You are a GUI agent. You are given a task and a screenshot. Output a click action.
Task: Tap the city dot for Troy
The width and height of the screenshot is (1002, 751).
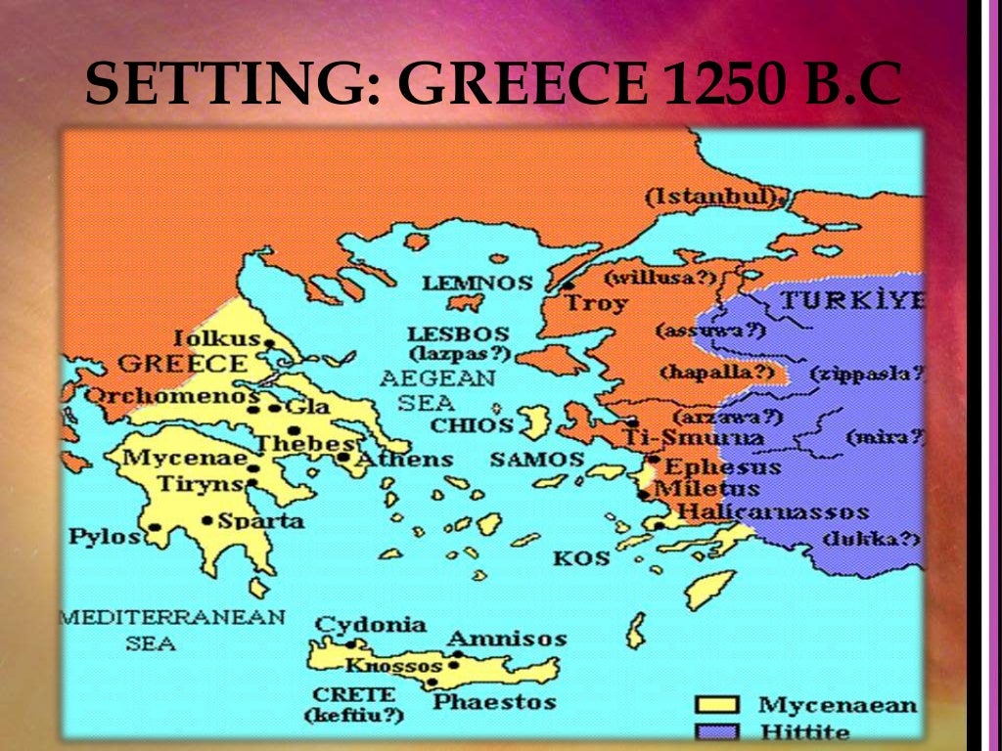pos(569,286)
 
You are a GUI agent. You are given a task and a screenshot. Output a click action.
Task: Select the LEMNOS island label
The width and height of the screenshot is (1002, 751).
pos(478,284)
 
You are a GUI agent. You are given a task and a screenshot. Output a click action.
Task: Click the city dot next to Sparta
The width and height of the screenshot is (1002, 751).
pos(207,520)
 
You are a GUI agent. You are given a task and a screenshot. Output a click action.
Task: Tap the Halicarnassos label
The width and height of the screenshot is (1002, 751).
pos(772,511)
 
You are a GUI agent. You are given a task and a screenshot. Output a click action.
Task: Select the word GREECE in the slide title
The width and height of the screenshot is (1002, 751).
pos(524,84)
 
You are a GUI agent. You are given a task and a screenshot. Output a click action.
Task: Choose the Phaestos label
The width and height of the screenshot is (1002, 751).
pos(494,701)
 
